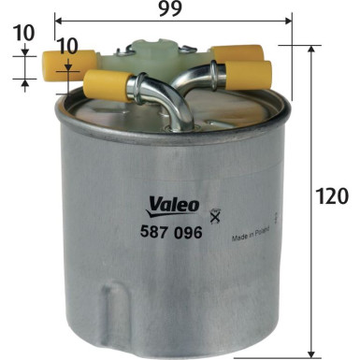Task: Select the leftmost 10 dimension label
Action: click(x=25, y=33)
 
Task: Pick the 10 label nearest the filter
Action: click(x=66, y=46)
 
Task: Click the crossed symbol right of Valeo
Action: click(x=217, y=216)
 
